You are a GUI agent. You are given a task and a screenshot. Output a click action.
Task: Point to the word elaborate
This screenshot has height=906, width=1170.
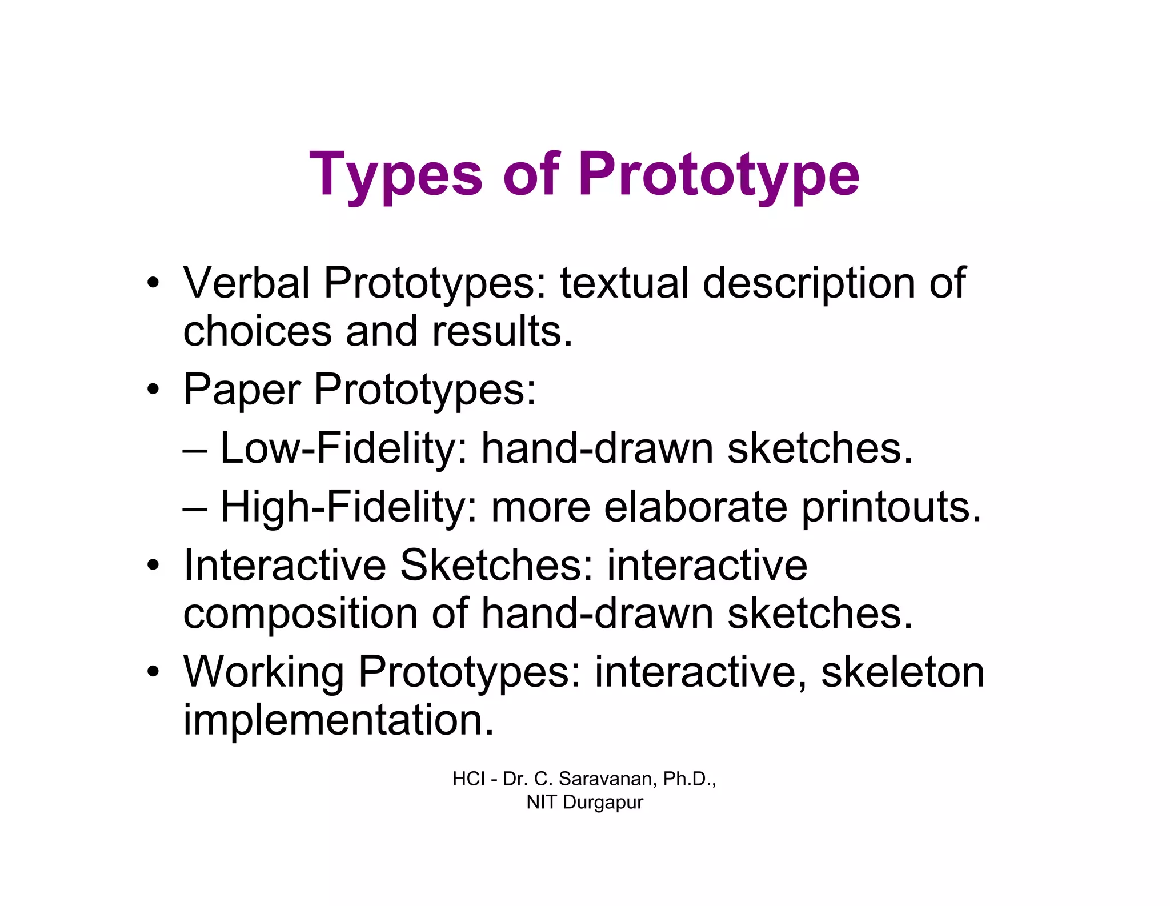point(696,507)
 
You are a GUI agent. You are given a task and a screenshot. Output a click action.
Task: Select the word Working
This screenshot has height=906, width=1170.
point(263,672)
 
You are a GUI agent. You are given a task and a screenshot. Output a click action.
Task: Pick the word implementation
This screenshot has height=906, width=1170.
point(338,720)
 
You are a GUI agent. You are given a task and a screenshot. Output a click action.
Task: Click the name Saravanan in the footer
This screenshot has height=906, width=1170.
point(607,779)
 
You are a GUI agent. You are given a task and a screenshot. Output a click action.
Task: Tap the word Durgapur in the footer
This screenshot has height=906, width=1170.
point(603,803)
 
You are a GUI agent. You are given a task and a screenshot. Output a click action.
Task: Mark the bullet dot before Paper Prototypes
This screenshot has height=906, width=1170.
point(153,390)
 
